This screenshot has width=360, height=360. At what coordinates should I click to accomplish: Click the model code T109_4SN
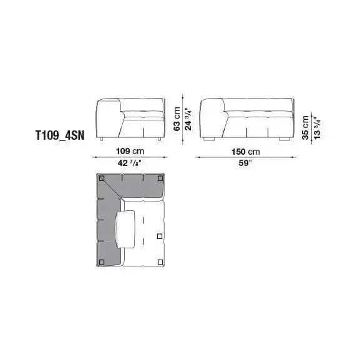point(60,135)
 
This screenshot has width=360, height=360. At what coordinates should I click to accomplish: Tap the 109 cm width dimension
point(130,151)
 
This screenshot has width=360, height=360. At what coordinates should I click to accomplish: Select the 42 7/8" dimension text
point(129,163)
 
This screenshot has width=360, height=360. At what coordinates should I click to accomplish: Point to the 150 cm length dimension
point(246,152)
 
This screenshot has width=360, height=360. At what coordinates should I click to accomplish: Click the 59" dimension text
point(245,163)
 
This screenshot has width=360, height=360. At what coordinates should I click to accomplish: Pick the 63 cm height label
point(177,119)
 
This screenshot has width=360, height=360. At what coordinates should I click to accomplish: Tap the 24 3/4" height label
point(188,120)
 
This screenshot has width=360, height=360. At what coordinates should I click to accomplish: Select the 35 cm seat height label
point(306,127)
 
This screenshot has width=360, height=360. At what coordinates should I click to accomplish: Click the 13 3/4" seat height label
point(317,129)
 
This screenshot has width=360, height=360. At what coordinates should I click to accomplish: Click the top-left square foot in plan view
point(102,178)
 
